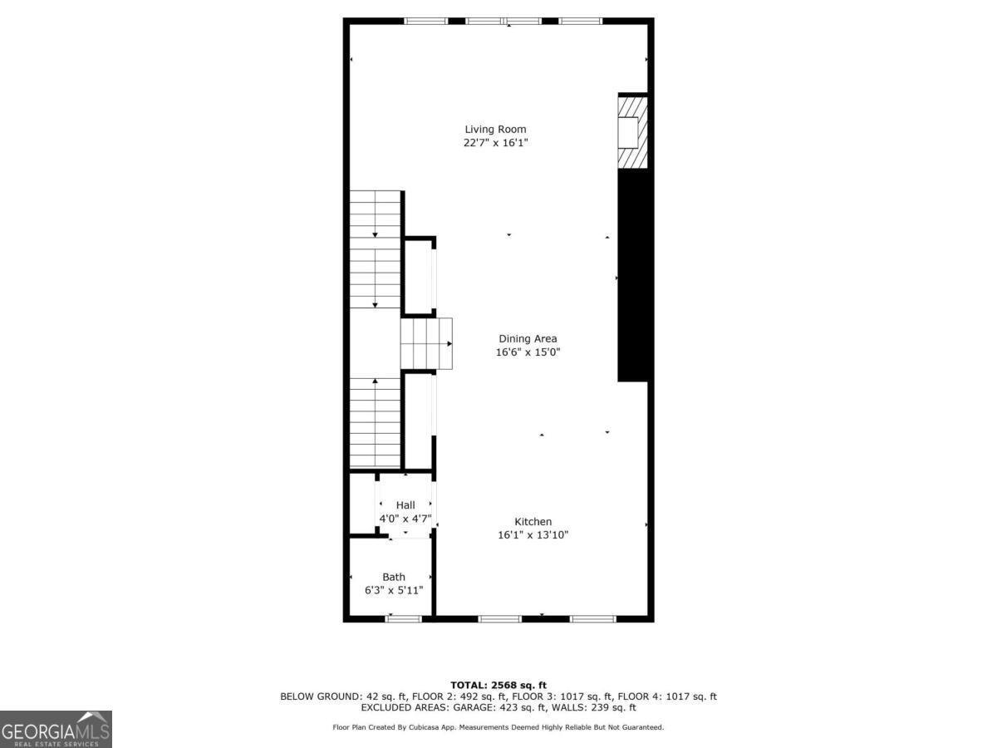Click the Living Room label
(x=495, y=129)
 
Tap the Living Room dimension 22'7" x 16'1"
(x=495, y=143)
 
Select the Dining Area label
(x=528, y=338)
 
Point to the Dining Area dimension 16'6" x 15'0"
(x=528, y=352)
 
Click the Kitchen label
(x=533, y=521)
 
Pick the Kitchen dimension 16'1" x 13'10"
(x=533, y=535)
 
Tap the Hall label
(x=405, y=504)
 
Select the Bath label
(x=394, y=576)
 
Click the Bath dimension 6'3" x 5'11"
(x=394, y=590)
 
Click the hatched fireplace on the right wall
(x=631, y=132)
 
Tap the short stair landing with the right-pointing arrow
(x=427, y=343)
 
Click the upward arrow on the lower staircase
(x=375, y=381)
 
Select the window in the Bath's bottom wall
(x=404, y=618)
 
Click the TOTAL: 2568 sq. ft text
(x=498, y=685)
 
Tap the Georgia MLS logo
(x=56, y=729)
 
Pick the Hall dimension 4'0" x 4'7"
(x=405, y=519)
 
